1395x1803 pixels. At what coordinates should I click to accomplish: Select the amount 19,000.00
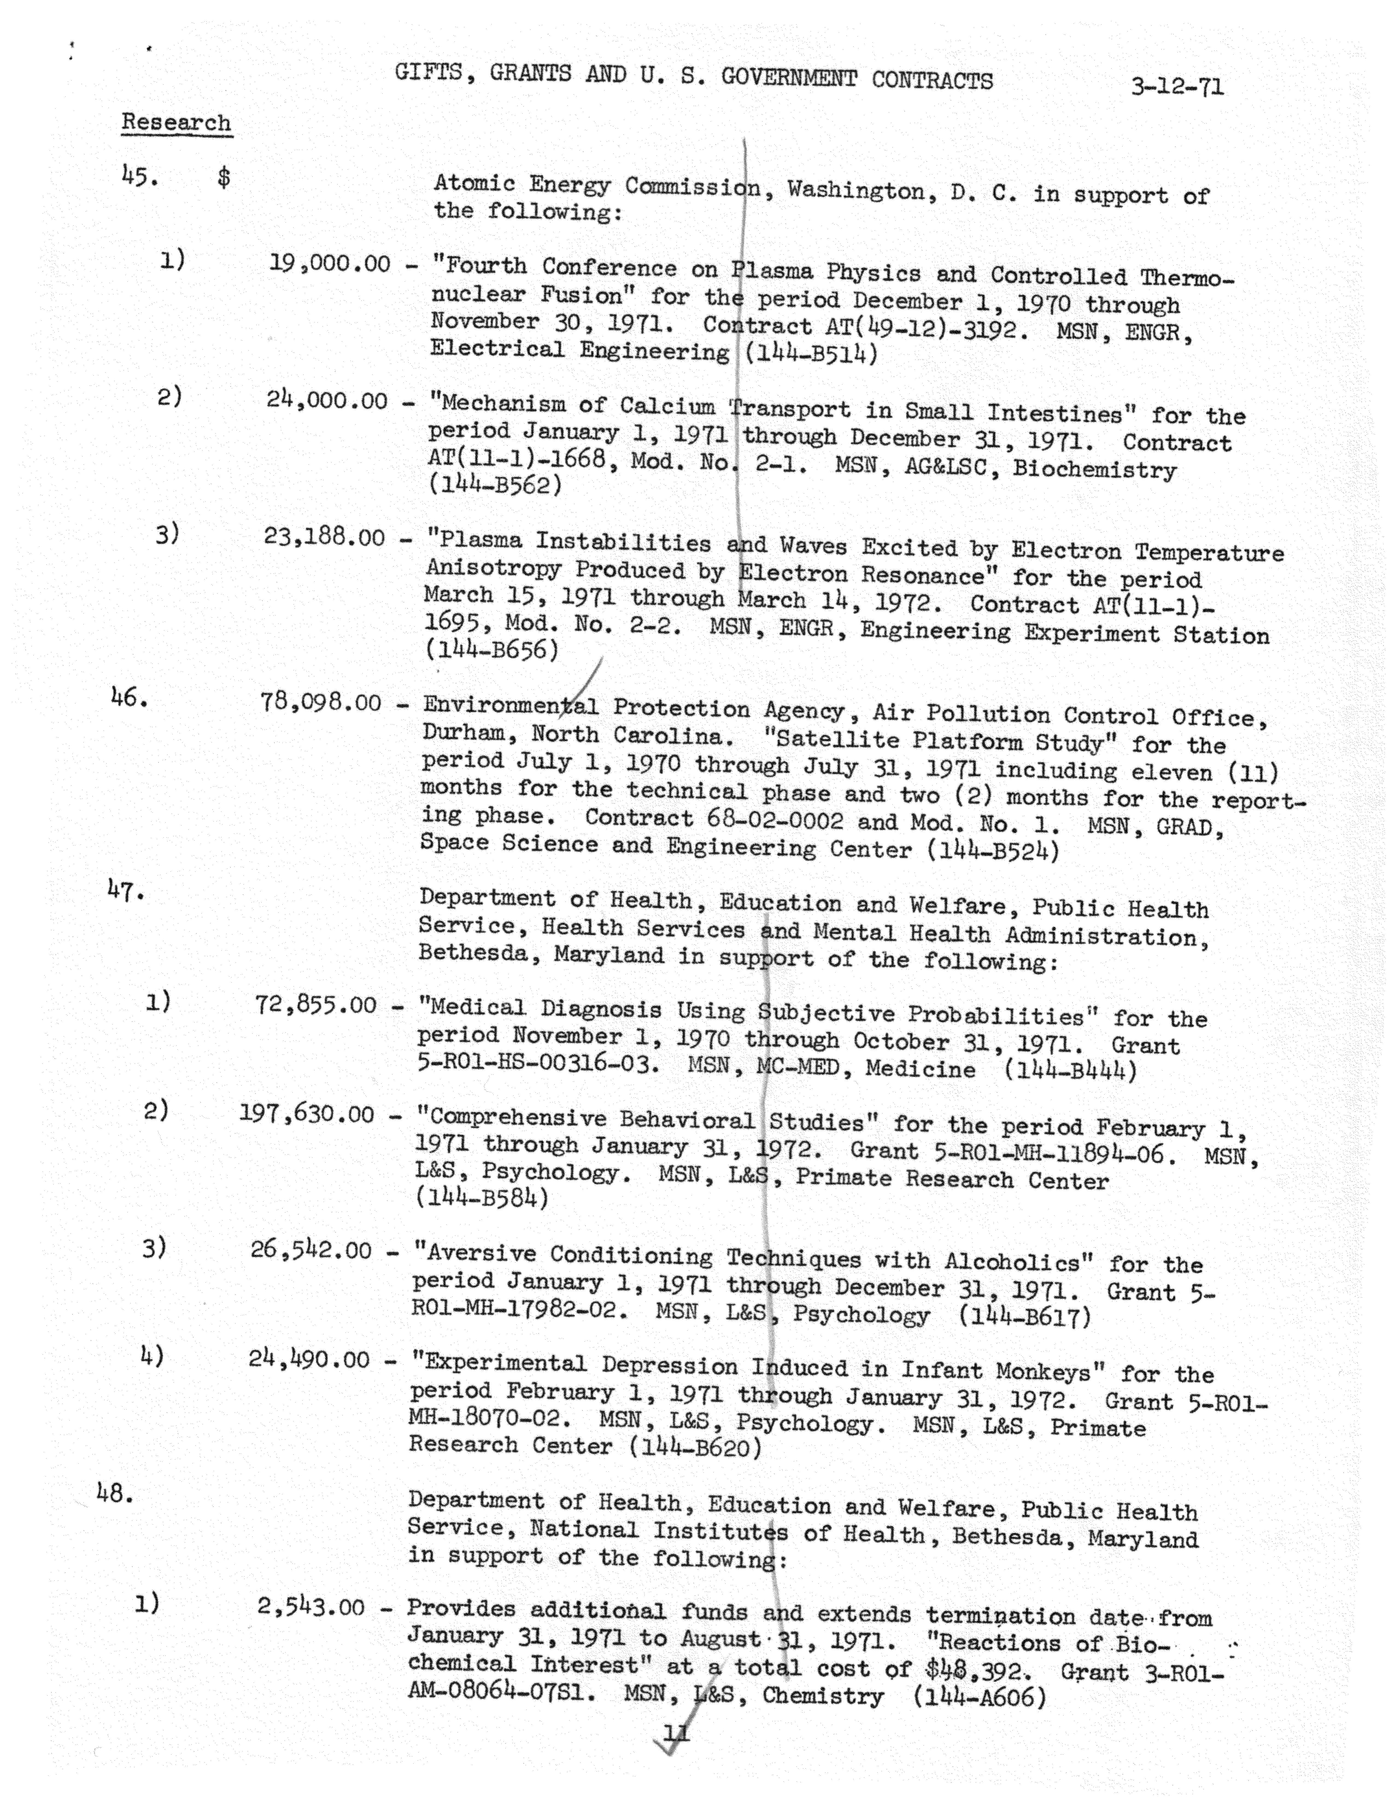click(330, 264)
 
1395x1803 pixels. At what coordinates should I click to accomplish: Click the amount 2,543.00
click(310, 1607)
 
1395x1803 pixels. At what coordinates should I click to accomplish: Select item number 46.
click(129, 698)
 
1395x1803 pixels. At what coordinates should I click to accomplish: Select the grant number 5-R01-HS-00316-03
click(538, 1063)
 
